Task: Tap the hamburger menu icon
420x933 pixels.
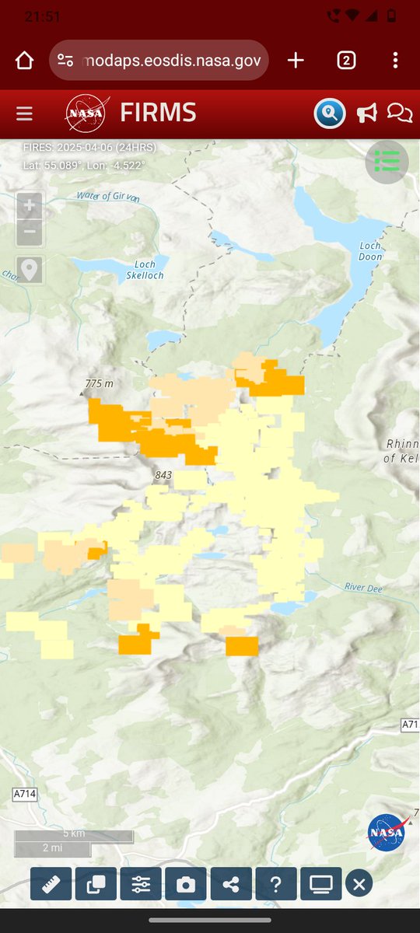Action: pos(24,114)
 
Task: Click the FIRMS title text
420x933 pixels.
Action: pos(158,113)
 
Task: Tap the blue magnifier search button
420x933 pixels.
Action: pos(330,114)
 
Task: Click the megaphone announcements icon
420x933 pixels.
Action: pos(366,114)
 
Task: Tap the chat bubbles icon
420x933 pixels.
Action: pos(400,114)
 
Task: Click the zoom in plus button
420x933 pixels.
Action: pos(30,206)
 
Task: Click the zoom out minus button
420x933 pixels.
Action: pos(30,231)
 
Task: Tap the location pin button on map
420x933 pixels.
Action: pos(30,270)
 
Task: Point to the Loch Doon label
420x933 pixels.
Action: pos(370,251)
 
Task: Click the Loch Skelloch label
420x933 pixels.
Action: pos(145,269)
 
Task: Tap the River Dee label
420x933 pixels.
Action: pos(363,587)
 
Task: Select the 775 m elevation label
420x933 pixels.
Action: pos(99,384)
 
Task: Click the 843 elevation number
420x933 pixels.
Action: pos(163,475)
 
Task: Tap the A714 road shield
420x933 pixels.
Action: pos(25,794)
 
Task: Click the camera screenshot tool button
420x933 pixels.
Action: pos(186,884)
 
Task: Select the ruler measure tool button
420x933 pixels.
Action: pos(51,884)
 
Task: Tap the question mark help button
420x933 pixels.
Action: pos(276,884)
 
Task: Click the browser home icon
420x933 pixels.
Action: pos(24,61)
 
